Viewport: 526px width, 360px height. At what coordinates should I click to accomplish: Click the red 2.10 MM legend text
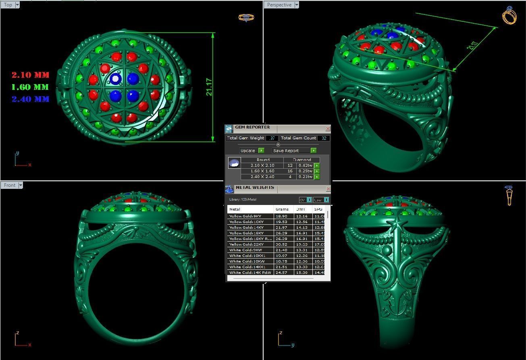coord(30,75)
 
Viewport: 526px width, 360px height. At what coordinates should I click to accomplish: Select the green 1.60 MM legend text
coord(30,87)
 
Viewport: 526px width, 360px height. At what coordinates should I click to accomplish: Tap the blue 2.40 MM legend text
coord(30,99)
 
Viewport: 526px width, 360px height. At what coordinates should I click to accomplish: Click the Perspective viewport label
coord(279,5)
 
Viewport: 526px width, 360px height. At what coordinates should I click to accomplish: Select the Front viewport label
coord(10,185)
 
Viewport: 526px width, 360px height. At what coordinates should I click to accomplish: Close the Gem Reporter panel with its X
coord(328,128)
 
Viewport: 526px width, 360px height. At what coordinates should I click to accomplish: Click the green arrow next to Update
coord(261,151)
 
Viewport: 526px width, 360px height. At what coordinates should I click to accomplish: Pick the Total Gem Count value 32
coord(324,138)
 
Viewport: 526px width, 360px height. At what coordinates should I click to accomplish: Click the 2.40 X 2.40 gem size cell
coord(262,177)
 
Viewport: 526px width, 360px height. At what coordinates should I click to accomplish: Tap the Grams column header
coord(282,209)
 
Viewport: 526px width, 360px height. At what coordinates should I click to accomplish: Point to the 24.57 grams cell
coord(281,273)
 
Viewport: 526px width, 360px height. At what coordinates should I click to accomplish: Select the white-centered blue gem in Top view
coord(116,78)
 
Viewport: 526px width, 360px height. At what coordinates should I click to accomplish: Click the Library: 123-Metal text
coord(243,200)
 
